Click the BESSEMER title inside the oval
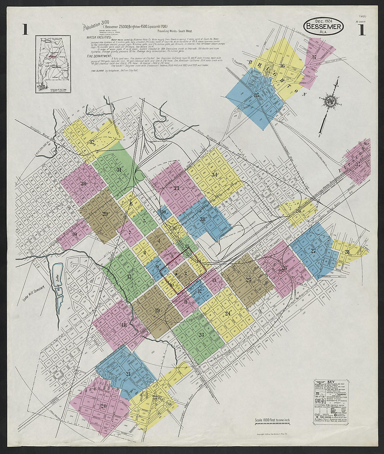click(x=324, y=27)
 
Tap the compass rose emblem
click(x=330, y=101)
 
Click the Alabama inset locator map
click(x=53, y=64)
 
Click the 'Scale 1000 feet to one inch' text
click(x=272, y=420)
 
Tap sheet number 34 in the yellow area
click(x=215, y=175)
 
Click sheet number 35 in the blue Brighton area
click(x=257, y=95)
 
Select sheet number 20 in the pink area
click(x=103, y=406)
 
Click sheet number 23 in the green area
click(x=201, y=334)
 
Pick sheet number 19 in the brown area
click(x=157, y=311)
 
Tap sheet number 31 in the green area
click(x=119, y=170)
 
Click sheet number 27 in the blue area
click(x=313, y=250)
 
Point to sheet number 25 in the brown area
click(x=249, y=280)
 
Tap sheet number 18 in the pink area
click(x=124, y=325)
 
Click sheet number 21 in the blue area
click(x=128, y=374)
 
